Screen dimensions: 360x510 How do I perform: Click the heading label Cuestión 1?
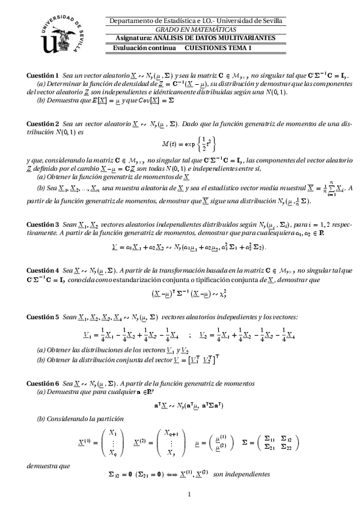tap(43, 75)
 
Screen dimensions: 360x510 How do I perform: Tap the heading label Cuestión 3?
tap(43, 224)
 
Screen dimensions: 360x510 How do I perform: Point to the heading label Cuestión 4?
tap(43, 271)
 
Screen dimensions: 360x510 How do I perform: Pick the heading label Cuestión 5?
tap(43, 317)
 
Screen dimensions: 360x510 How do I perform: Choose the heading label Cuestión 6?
tap(43, 383)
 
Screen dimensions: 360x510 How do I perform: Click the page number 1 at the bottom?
tap(189, 495)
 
